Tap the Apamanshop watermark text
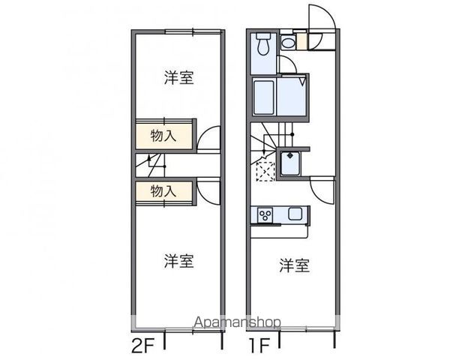(237, 322)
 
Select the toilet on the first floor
(262, 44)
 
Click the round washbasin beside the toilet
(288, 43)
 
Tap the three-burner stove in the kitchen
(264, 214)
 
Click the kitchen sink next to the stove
(295, 214)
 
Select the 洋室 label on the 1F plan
(295, 265)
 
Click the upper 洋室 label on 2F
(179, 77)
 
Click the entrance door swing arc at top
(320, 19)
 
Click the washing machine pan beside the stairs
(291, 163)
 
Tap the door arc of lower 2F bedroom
(209, 190)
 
